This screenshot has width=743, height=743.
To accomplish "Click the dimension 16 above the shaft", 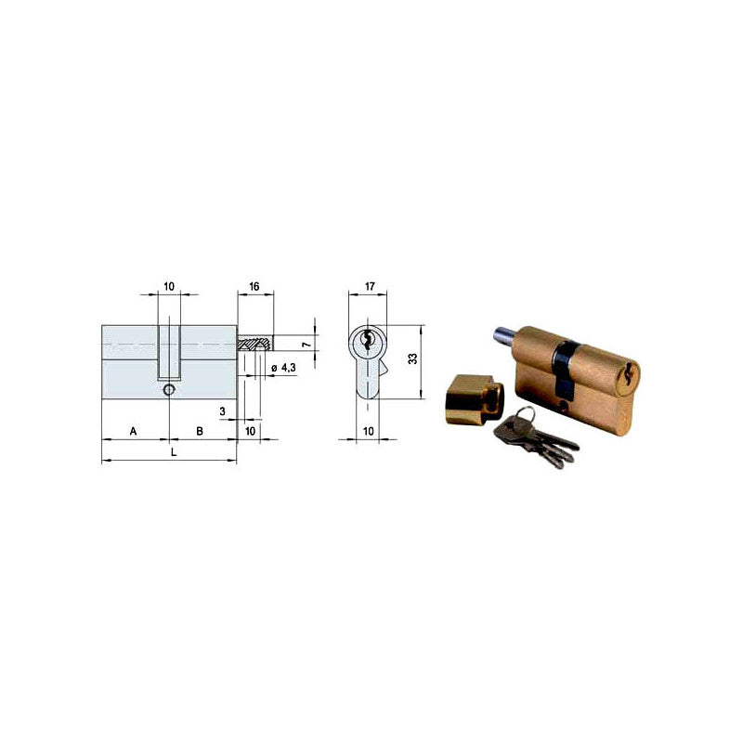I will pos(254,289).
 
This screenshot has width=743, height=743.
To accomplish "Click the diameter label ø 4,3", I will pos(283,369).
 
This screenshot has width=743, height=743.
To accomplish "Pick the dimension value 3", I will pos(223,410).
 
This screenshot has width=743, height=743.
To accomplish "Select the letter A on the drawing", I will pos(134,432).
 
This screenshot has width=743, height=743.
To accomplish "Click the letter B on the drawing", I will pos(201,432).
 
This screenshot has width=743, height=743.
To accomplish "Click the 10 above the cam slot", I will pos(169,287).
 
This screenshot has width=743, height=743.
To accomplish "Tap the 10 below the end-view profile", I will pos(369,432).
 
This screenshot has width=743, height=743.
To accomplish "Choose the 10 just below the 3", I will pos(250,432).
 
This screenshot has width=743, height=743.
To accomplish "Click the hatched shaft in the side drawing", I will pos(255,344).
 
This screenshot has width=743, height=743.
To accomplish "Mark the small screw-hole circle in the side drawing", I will pos(168,392).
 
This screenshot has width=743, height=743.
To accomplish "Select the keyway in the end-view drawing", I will pos(369,340).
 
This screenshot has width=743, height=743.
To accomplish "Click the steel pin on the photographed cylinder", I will pos(502,330).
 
